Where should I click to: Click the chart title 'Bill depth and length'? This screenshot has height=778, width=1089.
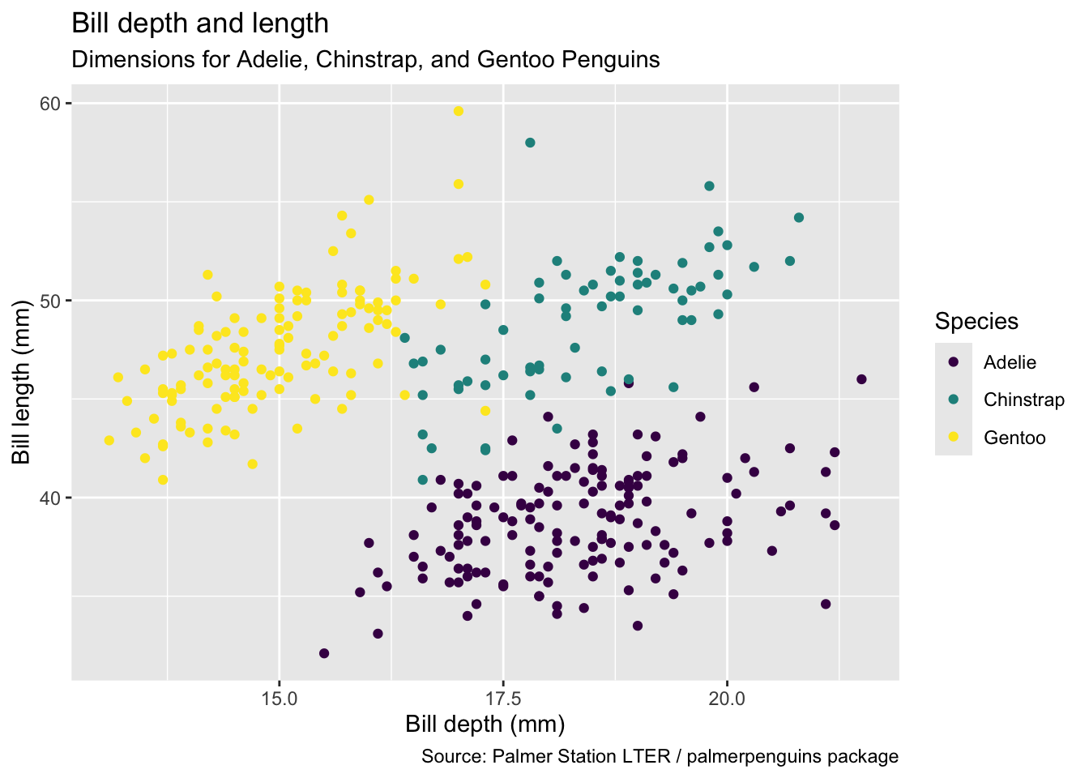[200, 24]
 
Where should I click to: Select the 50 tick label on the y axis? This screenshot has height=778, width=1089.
[51, 301]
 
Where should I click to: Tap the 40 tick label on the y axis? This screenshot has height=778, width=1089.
[51, 498]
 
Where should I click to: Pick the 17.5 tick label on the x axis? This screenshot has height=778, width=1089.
[503, 698]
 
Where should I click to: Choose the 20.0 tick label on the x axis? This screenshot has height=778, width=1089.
[727, 698]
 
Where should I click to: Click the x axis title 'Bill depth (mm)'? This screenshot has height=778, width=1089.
[485, 725]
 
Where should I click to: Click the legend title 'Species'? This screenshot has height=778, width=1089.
[976, 322]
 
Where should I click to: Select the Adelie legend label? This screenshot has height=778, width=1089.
[1010, 362]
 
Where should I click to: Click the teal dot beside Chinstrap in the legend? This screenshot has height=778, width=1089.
[954, 400]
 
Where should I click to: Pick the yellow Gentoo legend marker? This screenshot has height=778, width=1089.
[954, 438]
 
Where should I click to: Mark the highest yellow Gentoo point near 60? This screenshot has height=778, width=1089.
[459, 111]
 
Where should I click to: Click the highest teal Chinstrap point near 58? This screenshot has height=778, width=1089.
[530, 143]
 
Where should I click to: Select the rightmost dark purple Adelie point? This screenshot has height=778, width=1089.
[861, 379]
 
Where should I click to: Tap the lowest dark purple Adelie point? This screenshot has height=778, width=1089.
[324, 653]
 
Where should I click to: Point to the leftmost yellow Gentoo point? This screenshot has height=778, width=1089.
[109, 440]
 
